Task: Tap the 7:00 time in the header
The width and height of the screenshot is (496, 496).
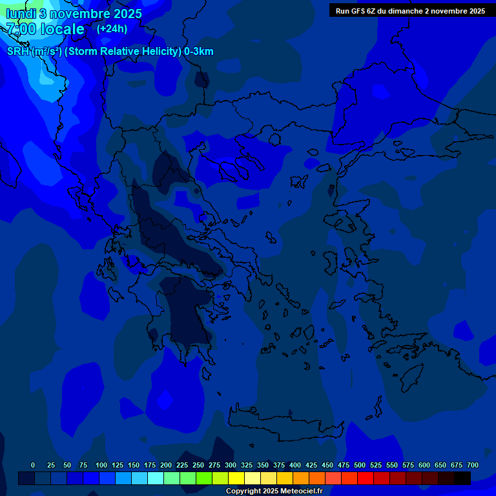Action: coord(21,29)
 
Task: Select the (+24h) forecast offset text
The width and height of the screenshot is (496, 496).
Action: coord(112,28)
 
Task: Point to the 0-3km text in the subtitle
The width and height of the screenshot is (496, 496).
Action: coord(199,52)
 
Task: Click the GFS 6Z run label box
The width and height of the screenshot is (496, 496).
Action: coord(410,10)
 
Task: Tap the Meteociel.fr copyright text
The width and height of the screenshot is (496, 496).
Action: coord(274,491)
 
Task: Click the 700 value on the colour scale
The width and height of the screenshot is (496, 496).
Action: coord(472,465)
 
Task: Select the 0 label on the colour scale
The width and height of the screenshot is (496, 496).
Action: coord(33,465)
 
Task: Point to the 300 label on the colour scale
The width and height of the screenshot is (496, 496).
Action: coord(231,465)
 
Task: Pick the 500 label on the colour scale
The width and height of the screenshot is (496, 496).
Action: coord(360,465)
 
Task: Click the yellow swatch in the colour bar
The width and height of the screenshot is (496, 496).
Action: coord(236,478)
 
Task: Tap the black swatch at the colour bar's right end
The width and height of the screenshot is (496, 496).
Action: coord(462,478)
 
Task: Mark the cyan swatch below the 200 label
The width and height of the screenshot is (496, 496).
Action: coord(156,478)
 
